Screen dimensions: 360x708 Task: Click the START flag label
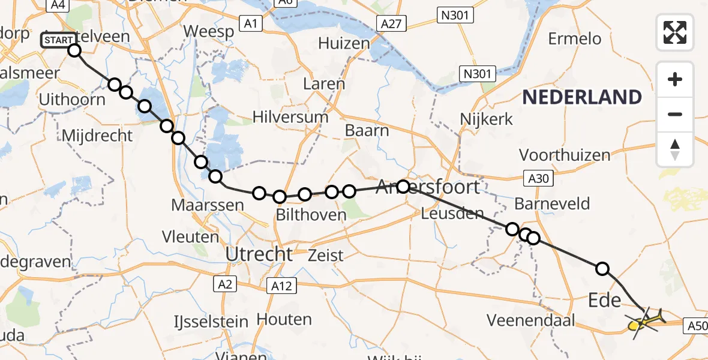tap(59, 41)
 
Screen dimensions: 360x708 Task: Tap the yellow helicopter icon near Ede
tap(643, 322)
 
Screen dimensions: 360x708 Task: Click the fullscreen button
tap(675, 32)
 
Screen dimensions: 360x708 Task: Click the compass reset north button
tap(675, 149)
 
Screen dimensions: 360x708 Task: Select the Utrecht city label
tap(259, 254)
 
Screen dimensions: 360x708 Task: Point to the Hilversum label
tap(290, 116)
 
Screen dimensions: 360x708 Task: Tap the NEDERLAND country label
tap(581, 97)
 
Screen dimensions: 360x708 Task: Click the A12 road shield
tap(281, 286)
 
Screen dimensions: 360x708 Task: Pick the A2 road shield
tap(225, 284)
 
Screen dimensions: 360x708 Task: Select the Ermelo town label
tap(574, 39)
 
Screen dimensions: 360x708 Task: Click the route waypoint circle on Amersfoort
tap(403, 187)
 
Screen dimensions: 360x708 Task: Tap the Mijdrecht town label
tap(97, 136)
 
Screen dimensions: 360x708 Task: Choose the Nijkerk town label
tap(487, 119)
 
